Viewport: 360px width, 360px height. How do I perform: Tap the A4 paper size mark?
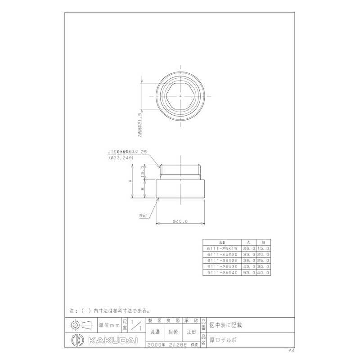292,350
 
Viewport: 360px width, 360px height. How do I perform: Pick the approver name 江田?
191,332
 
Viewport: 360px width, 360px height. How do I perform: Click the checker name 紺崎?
173,332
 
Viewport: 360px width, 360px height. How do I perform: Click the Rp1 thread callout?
145,216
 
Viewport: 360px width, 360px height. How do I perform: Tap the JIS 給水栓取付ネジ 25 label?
127,153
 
